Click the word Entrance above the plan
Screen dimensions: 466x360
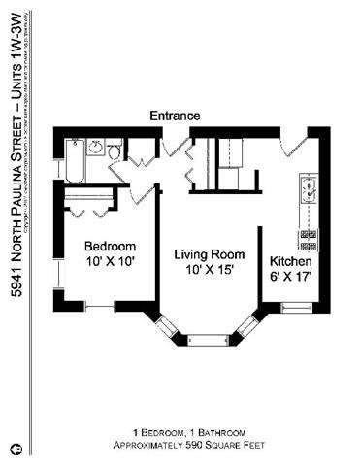click(175, 116)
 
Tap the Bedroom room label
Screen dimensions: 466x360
click(110, 246)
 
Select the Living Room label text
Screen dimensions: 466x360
click(206, 254)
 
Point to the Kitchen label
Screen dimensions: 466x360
click(290, 261)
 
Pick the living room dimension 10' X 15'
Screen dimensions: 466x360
click(206, 271)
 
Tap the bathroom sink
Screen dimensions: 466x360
click(96, 149)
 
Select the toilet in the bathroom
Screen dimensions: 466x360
click(115, 152)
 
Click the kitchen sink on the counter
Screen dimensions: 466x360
click(311, 190)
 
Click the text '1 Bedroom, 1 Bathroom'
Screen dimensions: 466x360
click(188, 432)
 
